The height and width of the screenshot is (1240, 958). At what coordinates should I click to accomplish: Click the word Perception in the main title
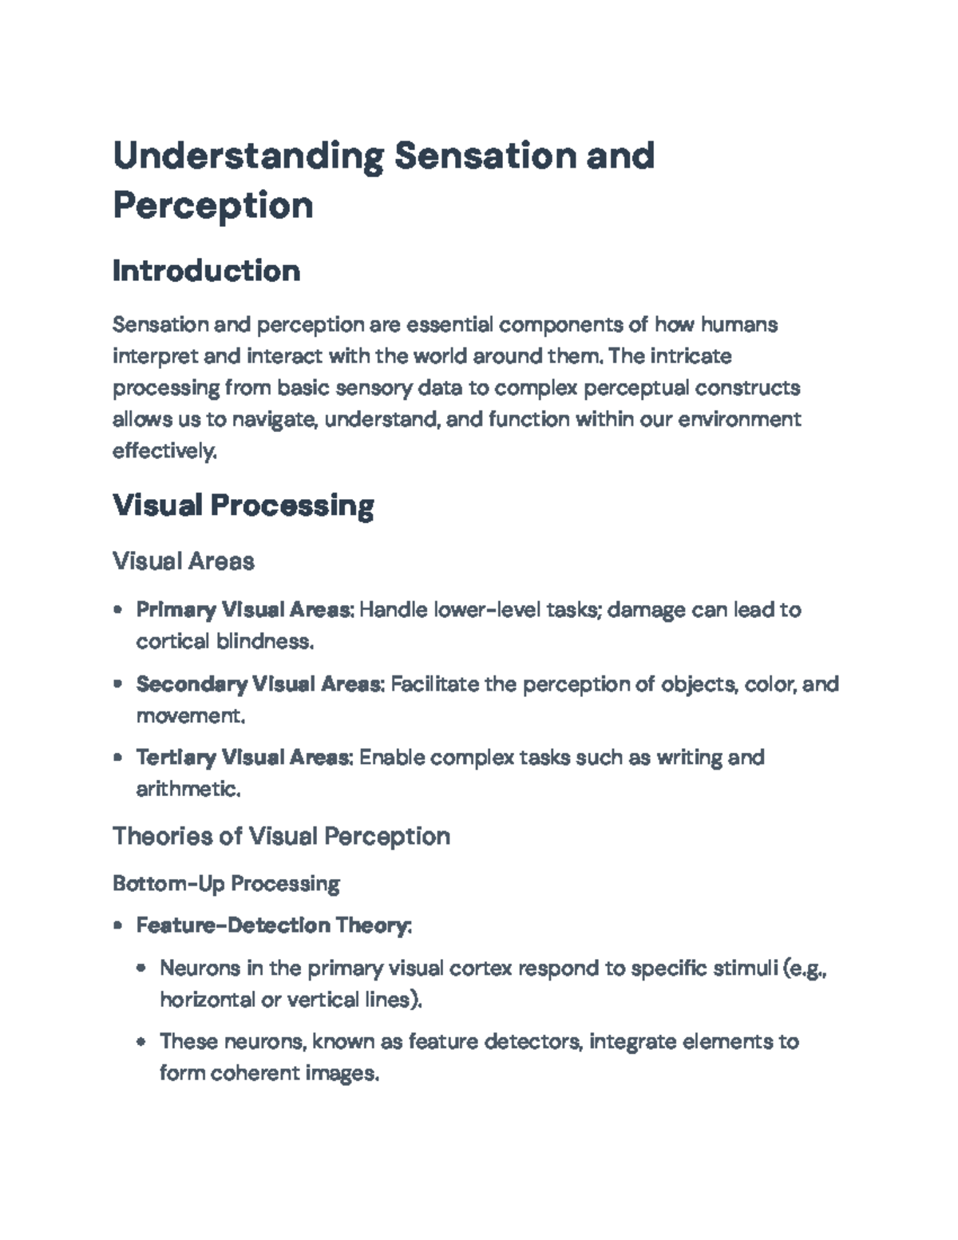point(212,205)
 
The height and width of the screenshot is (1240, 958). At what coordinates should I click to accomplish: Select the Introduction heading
point(206,271)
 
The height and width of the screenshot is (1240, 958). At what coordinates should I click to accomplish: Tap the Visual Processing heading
point(243,505)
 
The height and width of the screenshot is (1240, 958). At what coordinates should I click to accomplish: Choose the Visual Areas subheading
point(184,561)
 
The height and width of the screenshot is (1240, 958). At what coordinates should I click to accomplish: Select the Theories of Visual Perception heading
point(281,836)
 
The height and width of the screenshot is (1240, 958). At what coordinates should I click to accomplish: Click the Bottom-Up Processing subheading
point(226,884)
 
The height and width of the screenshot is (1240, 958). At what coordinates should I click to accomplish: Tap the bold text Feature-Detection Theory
point(273,925)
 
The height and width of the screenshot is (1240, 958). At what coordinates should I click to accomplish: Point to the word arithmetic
point(188,789)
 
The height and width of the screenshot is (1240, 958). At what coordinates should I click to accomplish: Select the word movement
point(189,715)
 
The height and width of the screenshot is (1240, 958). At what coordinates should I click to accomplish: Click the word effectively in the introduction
point(164,451)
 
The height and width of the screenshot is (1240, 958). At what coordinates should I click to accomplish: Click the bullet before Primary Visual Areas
point(118,610)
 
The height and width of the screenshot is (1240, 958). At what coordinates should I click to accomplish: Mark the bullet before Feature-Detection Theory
point(118,926)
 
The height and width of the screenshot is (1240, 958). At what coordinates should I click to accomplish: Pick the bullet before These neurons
point(141,1042)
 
